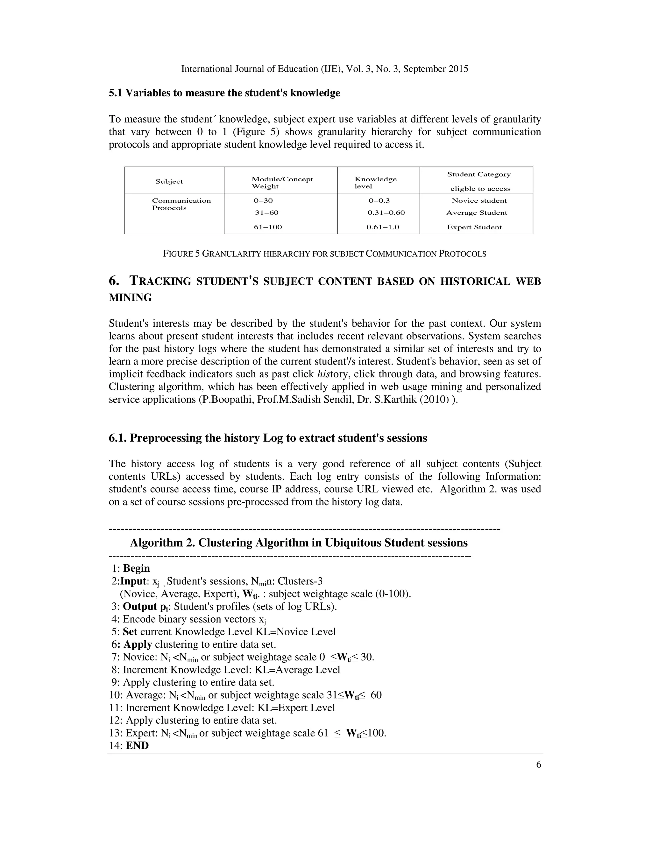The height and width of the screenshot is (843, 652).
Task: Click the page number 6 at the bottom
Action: pos(538,765)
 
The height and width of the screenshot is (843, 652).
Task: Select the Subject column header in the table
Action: pos(169,181)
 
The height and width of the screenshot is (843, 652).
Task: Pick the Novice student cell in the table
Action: pos(479,201)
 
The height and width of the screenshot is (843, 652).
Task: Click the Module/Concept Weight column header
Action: pos(282,183)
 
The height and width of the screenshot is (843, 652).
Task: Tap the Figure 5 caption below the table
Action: pos(324,254)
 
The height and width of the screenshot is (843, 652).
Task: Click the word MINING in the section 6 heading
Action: pos(130,298)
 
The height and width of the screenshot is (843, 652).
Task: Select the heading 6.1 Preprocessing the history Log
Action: pos(268,438)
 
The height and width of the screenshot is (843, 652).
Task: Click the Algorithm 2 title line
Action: pos(299,543)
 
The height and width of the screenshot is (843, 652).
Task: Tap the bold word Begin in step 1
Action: pos(136,568)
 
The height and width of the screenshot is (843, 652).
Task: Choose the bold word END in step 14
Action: pos(137,745)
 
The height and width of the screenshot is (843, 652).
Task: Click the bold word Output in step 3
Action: pos(139,606)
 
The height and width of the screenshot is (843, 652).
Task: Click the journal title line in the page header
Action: pos(324,69)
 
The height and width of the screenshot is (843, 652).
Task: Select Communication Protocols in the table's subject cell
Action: pos(181,204)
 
